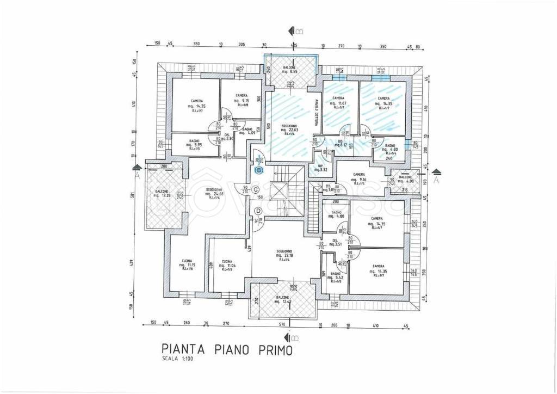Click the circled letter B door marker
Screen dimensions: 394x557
click(259, 170)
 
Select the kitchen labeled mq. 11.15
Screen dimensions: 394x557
click(187, 264)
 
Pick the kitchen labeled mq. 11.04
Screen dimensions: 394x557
click(227, 264)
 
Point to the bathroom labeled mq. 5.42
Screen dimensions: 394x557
click(335, 277)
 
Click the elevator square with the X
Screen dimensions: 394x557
click(278, 192)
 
